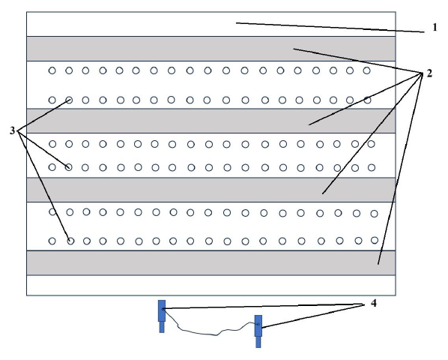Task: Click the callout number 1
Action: coord(435,28)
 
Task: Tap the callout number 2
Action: coord(429,73)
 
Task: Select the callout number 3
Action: coord(12,130)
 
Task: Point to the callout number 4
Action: coord(374,303)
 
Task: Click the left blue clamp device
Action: coord(162,316)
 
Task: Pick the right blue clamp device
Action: coord(258,331)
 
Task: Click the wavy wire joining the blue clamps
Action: coord(210,331)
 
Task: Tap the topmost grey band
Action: coord(211,49)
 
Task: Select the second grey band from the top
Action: coord(211,121)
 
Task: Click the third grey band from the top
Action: coord(211,190)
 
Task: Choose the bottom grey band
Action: coord(211,263)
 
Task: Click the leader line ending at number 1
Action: coord(330,28)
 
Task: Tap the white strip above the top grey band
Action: coord(211,24)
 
